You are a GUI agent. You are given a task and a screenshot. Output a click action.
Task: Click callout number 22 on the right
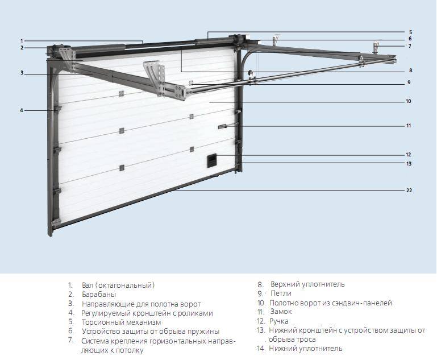point(409,191)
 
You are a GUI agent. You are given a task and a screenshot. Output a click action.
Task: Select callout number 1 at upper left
point(22,40)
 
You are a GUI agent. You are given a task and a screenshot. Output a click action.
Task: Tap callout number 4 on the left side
point(22,110)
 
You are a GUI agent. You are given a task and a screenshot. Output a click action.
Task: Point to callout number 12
point(409,155)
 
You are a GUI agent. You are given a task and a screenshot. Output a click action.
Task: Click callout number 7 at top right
point(410,46)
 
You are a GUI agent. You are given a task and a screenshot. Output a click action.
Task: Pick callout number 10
point(409,101)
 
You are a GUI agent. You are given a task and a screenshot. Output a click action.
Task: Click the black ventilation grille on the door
point(211,160)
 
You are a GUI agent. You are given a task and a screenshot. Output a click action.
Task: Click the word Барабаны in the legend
point(99,295)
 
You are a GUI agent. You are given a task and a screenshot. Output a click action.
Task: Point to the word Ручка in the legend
point(279,321)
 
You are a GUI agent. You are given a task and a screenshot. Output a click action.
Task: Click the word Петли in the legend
point(281,293)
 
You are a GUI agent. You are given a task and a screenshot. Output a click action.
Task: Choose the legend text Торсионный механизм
point(118,322)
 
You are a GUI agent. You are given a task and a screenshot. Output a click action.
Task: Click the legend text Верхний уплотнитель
point(307,284)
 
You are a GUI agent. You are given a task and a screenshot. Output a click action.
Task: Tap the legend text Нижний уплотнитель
point(306,349)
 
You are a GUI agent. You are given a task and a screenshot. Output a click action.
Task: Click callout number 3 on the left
point(22,73)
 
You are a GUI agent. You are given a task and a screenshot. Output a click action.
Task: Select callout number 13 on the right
point(409,164)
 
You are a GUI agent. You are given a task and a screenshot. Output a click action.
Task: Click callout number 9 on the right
point(409,83)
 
